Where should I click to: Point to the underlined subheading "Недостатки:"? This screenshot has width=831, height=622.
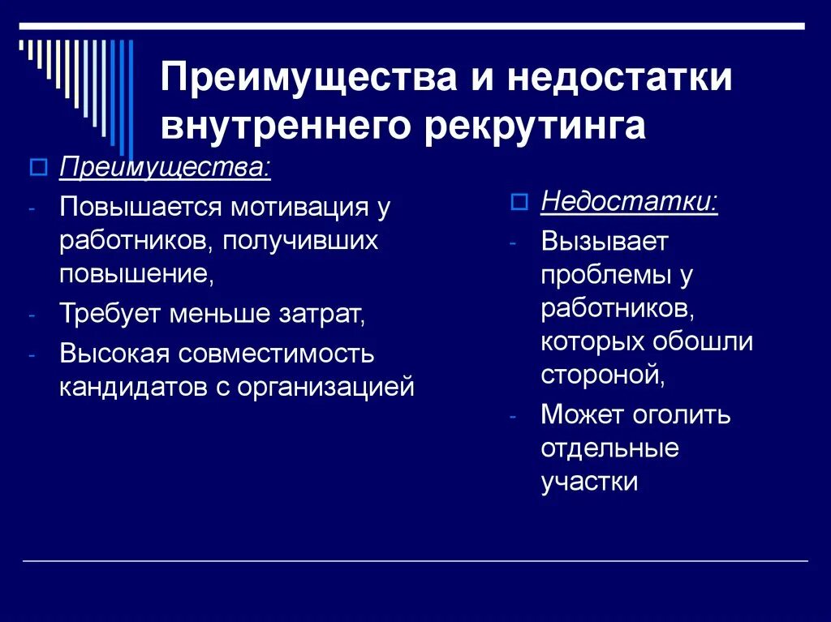[x=629, y=201]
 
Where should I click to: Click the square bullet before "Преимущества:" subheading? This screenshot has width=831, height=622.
[x=36, y=169]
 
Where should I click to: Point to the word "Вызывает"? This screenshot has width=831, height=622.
[x=604, y=241]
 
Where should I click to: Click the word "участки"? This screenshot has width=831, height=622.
[x=590, y=481]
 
